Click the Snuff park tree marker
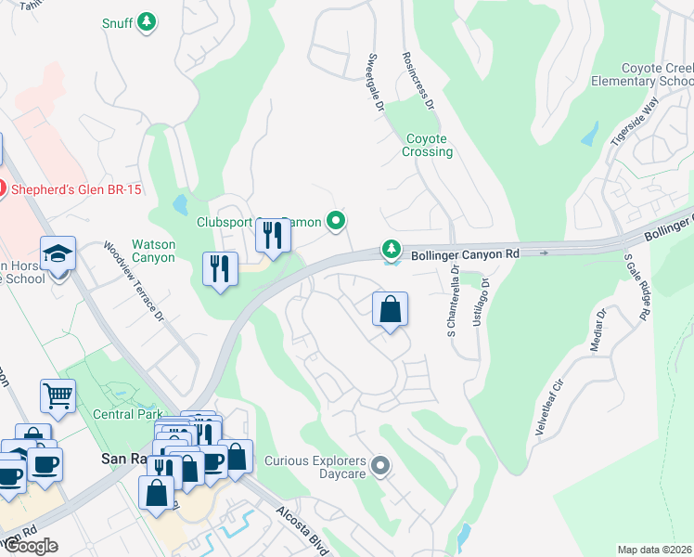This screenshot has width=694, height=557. pyautogui.click(x=146, y=22)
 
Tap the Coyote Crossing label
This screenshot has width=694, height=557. pyautogui.click(x=429, y=145)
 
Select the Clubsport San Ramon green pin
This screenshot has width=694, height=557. pyautogui.click(x=338, y=221)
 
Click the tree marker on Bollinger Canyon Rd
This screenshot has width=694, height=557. pyautogui.click(x=392, y=250)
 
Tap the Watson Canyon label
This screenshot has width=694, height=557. pyautogui.click(x=153, y=251)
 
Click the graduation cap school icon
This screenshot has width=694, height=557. pyautogui.click(x=58, y=253)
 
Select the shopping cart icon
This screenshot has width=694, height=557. pyautogui.click(x=58, y=395)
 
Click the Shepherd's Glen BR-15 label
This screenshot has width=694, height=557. pyautogui.click(x=76, y=189)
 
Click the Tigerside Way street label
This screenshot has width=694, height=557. pyautogui.click(x=633, y=121)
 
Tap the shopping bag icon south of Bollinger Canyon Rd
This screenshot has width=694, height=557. pyautogui.click(x=391, y=309)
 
